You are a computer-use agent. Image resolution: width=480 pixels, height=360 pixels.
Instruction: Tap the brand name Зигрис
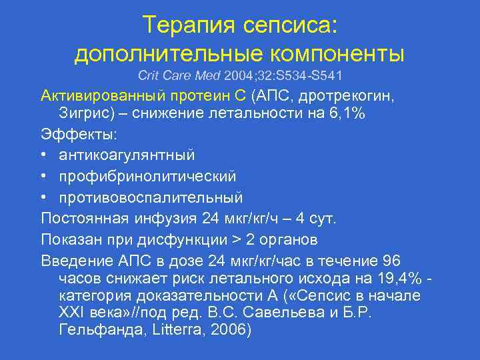[x=87, y=113]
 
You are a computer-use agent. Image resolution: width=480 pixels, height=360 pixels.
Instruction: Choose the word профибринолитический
[x=147, y=177]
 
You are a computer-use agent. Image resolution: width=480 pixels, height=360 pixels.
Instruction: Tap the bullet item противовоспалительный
[x=151, y=198]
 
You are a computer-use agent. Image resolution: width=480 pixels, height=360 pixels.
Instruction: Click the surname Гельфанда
[x=95, y=329]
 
